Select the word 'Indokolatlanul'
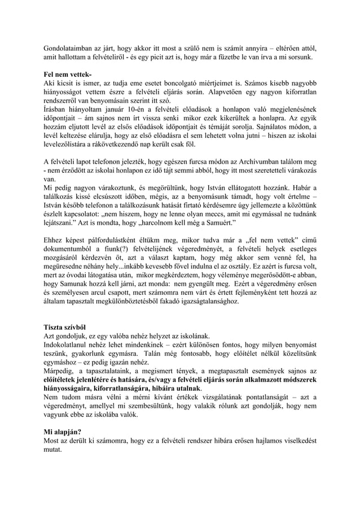pyautogui.click(x=69, y=345)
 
